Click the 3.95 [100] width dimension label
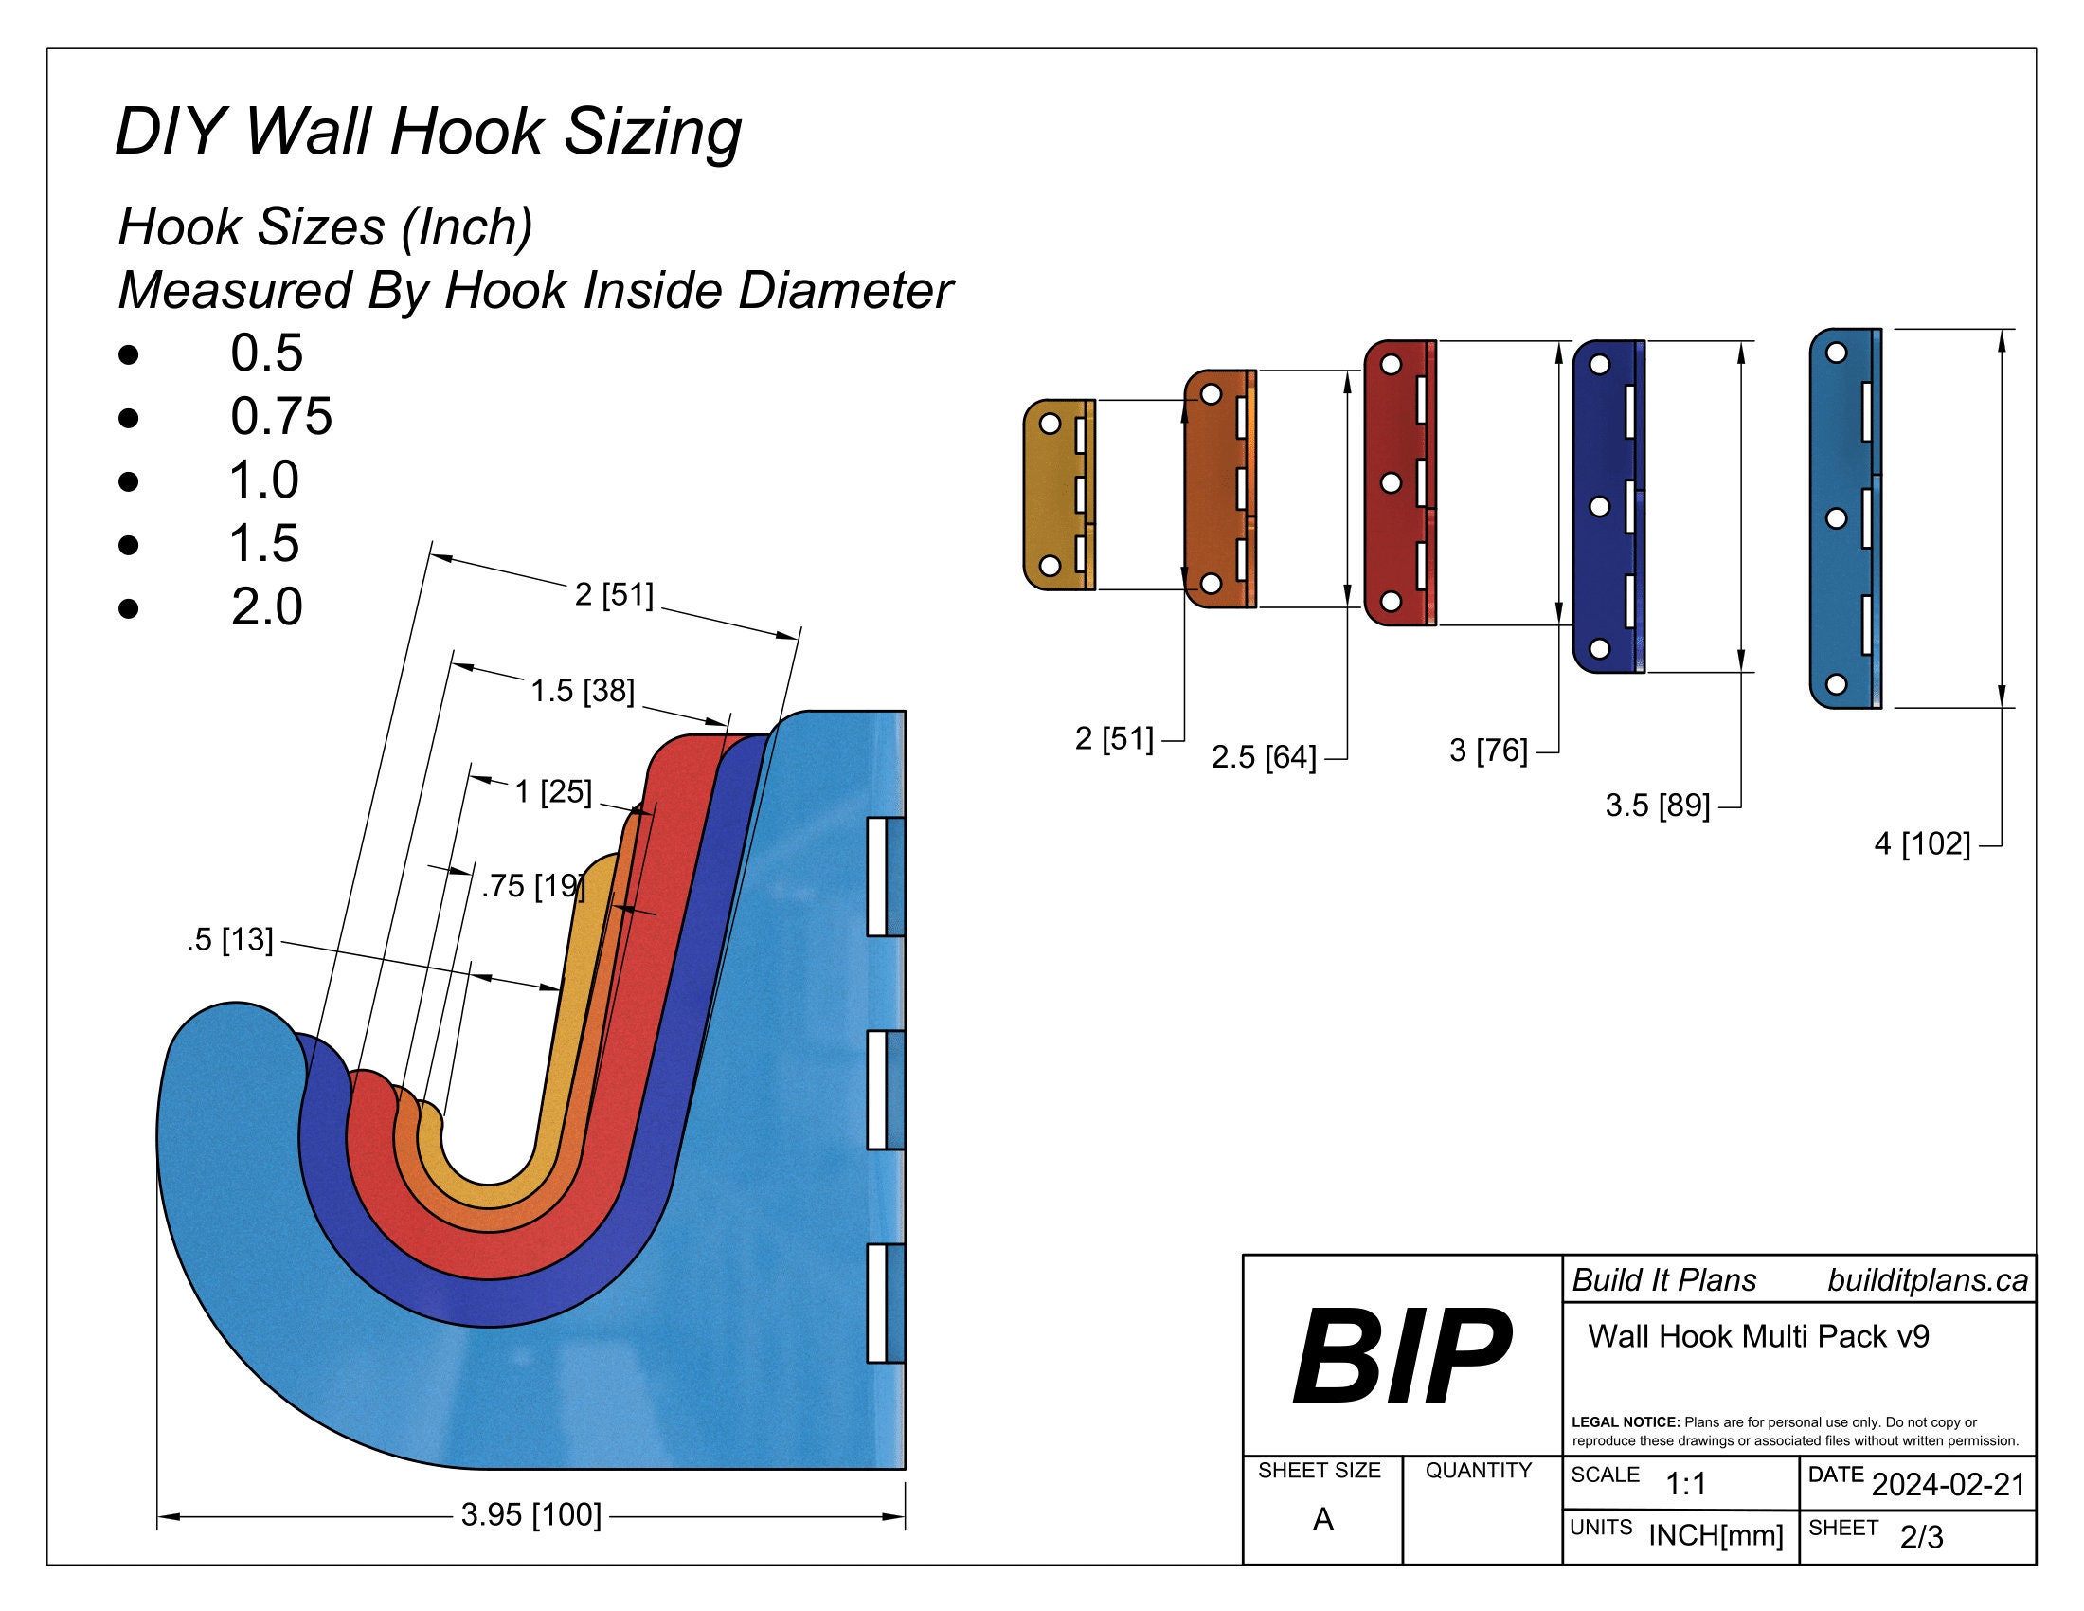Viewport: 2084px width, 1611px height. (x=530, y=1514)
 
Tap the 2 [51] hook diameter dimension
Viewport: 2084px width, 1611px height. (x=614, y=594)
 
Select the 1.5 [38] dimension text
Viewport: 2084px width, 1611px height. (x=582, y=690)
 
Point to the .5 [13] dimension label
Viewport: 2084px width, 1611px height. (x=230, y=940)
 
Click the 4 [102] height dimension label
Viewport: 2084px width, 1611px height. (x=1922, y=843)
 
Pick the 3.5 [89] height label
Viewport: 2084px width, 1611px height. (x=1657, y=805)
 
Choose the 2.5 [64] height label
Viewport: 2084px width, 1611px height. (x=1264, y=757)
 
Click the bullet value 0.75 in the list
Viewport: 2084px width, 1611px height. (x=281, y=416)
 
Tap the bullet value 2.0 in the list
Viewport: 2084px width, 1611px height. (x=266, y=606)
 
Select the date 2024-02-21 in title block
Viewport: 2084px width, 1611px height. (x=1948, y=1484)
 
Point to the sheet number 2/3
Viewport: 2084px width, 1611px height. (x=1921, y=1536)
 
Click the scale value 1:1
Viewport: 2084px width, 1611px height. (x=1685, y=1484)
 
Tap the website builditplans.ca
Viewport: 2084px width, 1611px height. (x=1928, y=1280)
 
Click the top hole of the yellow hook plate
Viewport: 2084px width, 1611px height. (x=1049, y=423)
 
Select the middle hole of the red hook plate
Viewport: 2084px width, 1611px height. (x=1392, y=483)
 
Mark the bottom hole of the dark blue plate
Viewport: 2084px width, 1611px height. (x=1600, y=649)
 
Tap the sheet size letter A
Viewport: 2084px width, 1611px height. (x=1322, y=1519)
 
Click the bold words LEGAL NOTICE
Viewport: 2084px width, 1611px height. (x=1625, y=1422)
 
